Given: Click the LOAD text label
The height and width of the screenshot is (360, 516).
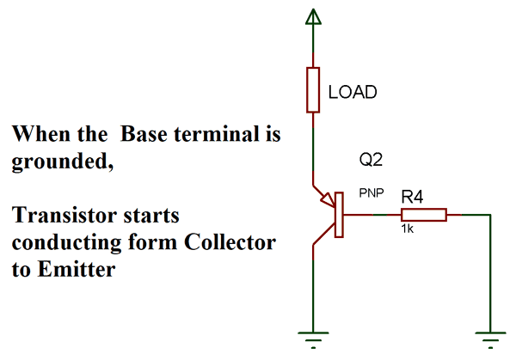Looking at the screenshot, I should tap(353, 92).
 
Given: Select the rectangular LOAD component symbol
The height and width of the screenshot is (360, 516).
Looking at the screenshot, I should tap(314, 90).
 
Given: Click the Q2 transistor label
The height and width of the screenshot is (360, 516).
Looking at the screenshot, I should tap(370, 160).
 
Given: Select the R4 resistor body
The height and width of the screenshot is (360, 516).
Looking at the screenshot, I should tap(422, 215).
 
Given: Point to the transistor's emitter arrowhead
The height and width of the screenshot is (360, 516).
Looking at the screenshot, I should tap(328, 201).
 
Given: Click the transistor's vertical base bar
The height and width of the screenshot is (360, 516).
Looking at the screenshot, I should tap(341, 215).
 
